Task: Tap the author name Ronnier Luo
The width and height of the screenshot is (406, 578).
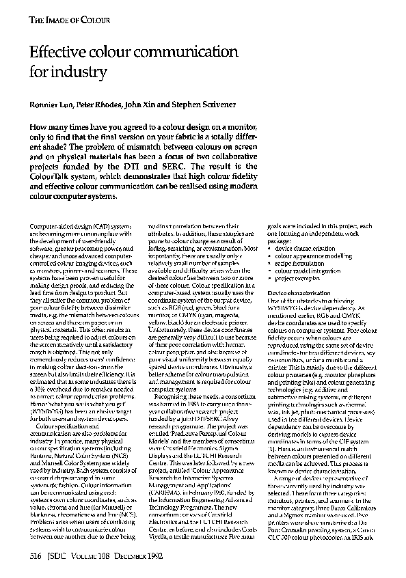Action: point(49,104)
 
